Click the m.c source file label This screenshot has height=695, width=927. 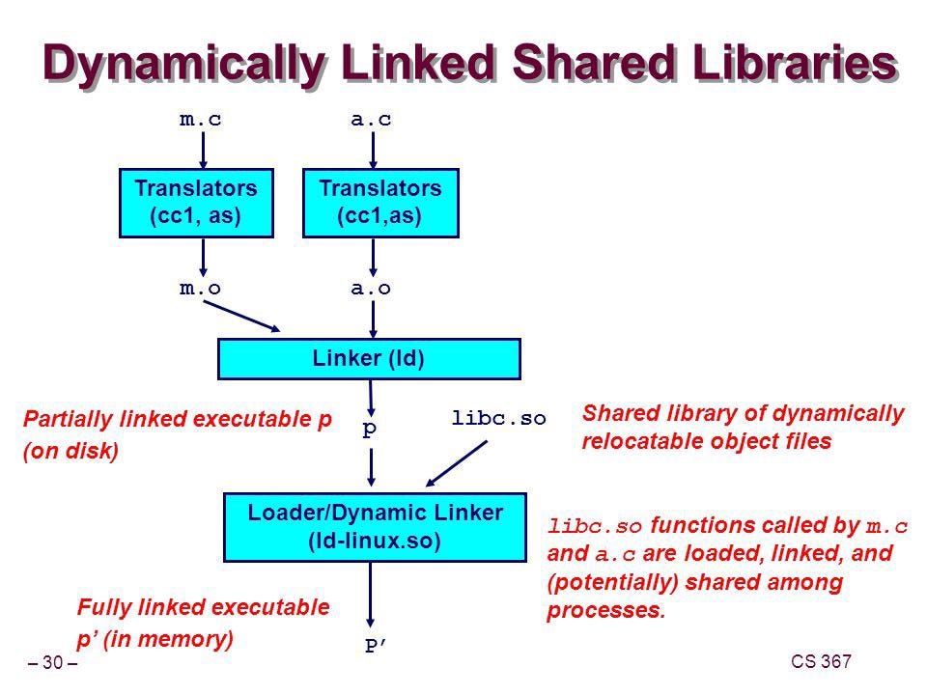[x=202, y=121]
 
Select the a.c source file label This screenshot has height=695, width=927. [x=371, y=121]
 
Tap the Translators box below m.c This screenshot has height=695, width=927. [x=196, y=202]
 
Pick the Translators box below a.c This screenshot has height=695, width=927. [x=379, y=202]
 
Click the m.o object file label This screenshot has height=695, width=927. [x=202, y=288]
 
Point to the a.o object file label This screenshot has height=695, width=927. [x=371, y=288]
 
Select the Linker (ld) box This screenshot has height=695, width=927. [x=369, y=359]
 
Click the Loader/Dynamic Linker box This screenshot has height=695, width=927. [x=375, y=526]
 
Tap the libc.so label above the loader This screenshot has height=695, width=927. [x=498, y=419]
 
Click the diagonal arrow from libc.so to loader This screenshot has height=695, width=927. [x=458, y=464]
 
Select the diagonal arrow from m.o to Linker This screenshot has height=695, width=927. [x=242, y=316]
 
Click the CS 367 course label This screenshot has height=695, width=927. [x=820, y=661]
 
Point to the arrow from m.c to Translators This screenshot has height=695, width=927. [x=203, y=151]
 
